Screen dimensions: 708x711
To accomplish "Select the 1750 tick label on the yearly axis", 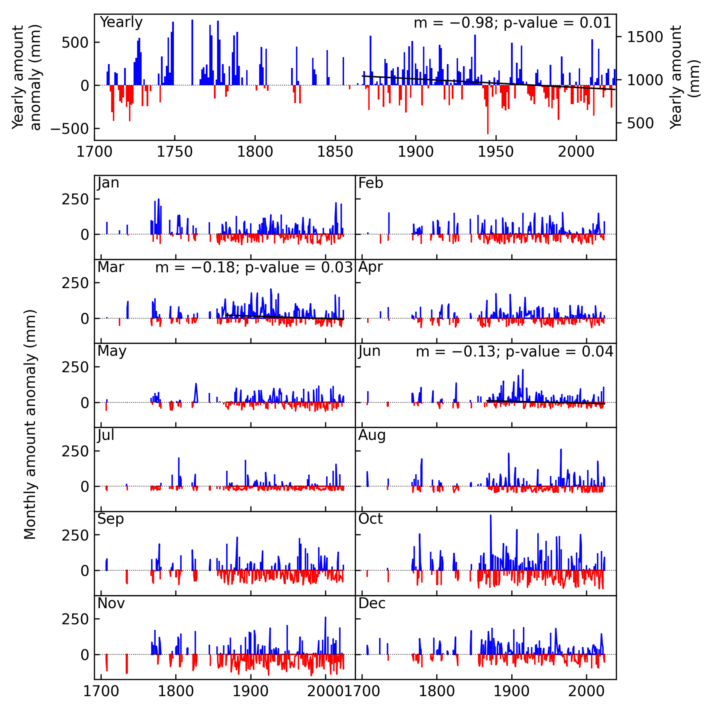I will point(174,152).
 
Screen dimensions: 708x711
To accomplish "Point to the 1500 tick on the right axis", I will point(644,37).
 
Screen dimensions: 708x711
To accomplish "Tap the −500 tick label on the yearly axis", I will point(69,129).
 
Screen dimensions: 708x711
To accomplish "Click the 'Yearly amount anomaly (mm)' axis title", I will point(26,77).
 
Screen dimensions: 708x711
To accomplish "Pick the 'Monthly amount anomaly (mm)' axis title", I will point(30,425).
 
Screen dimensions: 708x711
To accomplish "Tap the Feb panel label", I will point(371,183).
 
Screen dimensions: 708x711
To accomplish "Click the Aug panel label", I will point(372,435).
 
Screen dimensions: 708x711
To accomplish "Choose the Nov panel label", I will point(111,603).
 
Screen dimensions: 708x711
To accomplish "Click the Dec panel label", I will point(372,603).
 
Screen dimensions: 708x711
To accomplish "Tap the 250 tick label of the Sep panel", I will point(75,535).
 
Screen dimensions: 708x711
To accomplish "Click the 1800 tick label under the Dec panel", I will point(436,691).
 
